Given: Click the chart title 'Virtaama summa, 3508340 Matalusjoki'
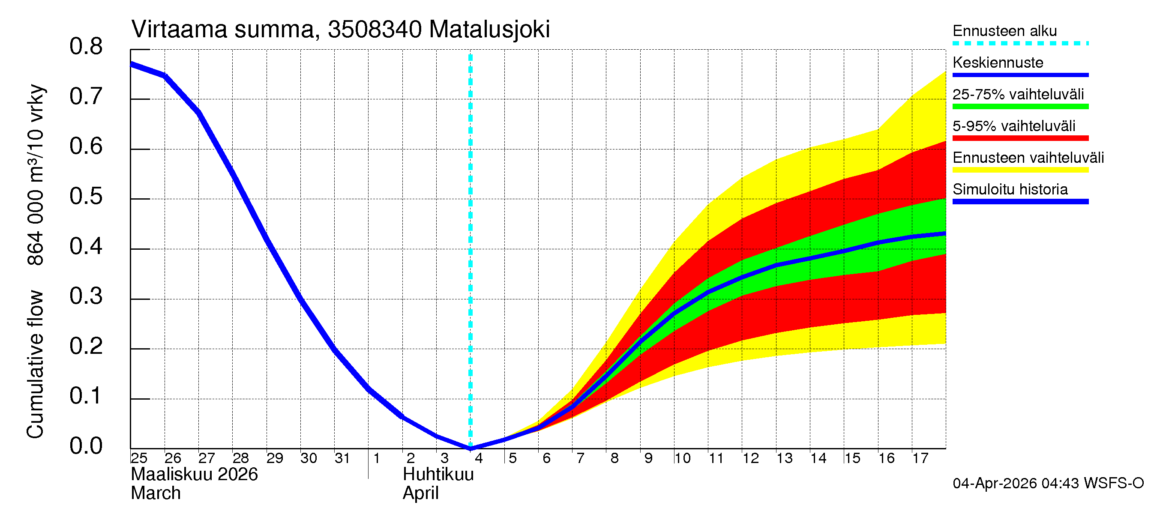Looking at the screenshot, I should coord(340,30).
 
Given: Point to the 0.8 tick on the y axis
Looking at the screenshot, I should coord(86,47).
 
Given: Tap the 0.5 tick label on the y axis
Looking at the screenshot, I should coord(86,197).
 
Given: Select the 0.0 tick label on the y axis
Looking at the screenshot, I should coord(86,446).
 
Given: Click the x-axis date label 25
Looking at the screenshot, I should coord(139,458).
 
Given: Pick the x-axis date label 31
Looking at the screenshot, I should coord(342,458).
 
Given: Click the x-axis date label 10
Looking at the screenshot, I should coord(682,458).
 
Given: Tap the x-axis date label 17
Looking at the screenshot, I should coord(920,458).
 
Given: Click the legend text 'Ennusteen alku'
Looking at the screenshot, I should coord(1004,31).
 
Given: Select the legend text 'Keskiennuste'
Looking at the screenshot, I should coord(998,63).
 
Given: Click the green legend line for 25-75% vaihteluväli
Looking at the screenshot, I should coord(1020,107).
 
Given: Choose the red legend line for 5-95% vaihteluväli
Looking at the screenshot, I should coord(1020,138).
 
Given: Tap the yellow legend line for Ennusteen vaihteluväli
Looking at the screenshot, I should coord(1020,170).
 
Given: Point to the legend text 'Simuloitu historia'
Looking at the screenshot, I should coord(1010,189).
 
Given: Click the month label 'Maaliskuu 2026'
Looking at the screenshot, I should coord(194,475).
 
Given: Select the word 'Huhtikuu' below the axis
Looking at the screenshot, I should coord(438,475).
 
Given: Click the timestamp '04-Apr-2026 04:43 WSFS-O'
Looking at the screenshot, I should coord(1048,484).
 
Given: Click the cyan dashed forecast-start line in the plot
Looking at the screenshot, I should coord(470,224).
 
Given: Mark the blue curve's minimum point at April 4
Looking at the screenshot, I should coord(470,448).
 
